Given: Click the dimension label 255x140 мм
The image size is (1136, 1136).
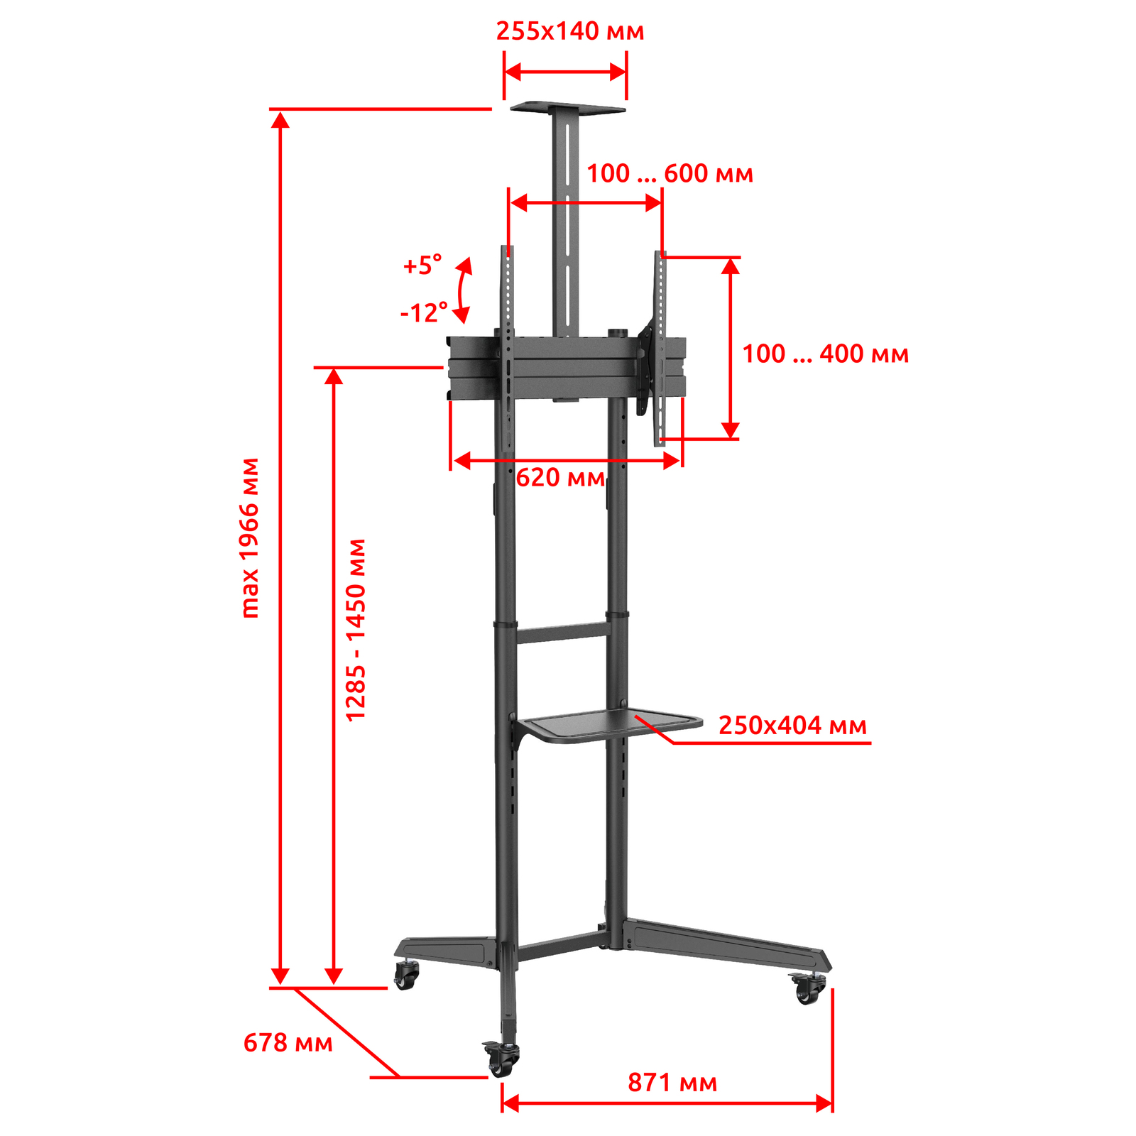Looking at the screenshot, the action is coord(570,32).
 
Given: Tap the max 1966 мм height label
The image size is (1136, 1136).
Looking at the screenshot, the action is coord(250,537).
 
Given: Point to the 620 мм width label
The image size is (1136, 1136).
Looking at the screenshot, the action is coord(560,477).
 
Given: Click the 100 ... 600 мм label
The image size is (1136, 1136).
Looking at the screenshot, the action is coord(670,173).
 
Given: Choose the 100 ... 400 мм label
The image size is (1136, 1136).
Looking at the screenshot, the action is coord(825,354).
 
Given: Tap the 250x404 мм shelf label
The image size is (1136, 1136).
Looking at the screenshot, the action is coord(792,725).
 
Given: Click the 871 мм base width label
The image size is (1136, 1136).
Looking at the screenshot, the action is coord(672,1083).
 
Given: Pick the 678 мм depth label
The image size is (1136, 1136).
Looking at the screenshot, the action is coord(288,1042).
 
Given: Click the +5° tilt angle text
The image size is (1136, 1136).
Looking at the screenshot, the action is coord(422,266).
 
